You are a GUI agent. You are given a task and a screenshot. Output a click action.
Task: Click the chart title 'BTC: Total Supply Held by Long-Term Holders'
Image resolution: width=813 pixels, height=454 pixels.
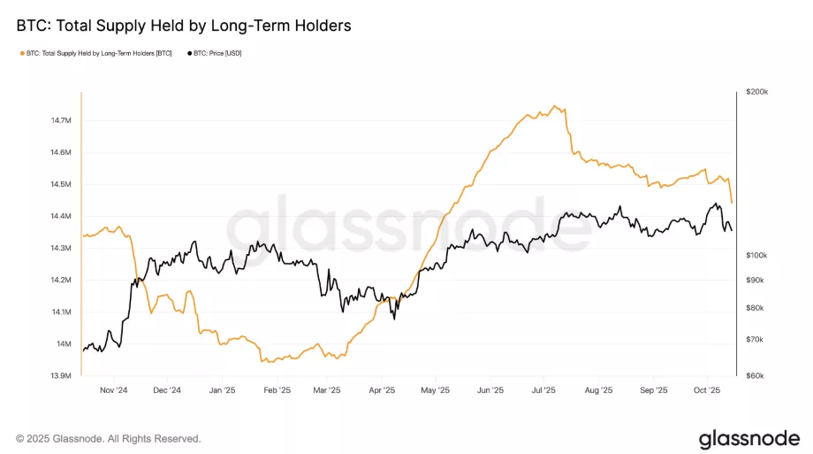(183, 26)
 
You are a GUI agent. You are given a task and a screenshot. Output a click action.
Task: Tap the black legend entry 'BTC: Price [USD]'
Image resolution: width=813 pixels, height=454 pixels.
(215, 54)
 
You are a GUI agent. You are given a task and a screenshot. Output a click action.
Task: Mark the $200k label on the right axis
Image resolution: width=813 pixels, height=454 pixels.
(757, 91)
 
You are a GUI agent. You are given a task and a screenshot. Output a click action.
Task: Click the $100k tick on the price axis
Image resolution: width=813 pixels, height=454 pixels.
(757, 255)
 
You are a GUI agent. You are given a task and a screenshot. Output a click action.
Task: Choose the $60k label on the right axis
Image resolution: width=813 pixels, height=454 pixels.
(756, 375)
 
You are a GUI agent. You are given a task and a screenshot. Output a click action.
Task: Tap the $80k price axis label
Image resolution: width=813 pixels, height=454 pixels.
(756, 307)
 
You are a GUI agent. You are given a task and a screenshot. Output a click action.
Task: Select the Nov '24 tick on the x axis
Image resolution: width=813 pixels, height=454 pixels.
(115, 389)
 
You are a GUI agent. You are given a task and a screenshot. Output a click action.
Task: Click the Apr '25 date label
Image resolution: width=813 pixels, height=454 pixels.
(381, 389)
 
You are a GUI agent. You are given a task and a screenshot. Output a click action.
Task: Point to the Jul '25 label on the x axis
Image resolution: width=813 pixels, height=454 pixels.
(543, 389)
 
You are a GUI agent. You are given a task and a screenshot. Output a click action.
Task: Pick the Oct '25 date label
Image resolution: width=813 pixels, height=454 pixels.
(706, 389)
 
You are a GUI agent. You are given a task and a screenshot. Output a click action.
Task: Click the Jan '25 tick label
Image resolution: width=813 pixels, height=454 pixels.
(222, 389)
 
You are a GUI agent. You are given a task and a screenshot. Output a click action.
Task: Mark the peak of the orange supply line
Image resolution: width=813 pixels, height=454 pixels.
(555, 106)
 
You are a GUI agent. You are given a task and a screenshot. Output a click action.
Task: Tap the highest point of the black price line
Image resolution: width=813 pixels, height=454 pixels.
(717, 204)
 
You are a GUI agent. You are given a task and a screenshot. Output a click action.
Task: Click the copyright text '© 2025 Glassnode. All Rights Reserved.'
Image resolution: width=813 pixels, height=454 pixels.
(109, 438)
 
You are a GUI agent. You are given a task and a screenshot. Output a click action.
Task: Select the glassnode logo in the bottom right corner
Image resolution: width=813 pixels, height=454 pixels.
(748, 438)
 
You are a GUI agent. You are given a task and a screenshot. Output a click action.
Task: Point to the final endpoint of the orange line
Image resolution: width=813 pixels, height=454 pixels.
(732, 204)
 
